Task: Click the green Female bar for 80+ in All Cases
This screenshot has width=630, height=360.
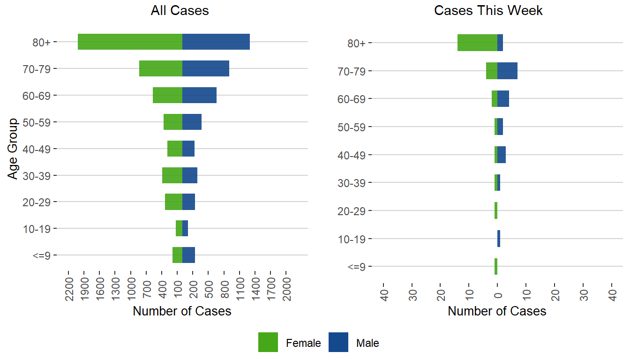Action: pos(130,42)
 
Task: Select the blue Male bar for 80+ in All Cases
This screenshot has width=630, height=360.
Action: pos(216,42)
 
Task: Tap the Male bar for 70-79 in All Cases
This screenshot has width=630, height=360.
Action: pos(206,68)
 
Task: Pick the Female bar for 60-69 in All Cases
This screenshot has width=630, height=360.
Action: pos(167,95)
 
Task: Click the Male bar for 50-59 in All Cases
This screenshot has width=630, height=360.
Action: pos(192,122)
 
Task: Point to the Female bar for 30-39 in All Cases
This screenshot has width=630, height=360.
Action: pos(172,175)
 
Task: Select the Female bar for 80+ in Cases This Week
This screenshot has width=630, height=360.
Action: pos(477,43)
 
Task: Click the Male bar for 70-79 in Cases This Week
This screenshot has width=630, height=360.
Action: pos(507,71)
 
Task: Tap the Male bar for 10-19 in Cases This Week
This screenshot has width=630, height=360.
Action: pos(499,239)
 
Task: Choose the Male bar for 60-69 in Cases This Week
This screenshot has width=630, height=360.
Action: pos(503,99)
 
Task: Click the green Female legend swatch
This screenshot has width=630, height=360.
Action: pos(268,342)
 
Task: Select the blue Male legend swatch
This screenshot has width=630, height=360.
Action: pos(338,342)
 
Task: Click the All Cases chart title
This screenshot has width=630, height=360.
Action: pos(180,11)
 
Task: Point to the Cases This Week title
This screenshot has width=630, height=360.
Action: pos(488,11)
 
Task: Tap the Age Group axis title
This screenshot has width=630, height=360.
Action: pos(13,148)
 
